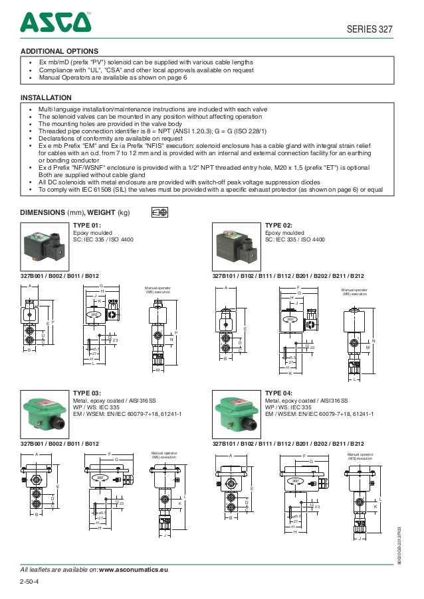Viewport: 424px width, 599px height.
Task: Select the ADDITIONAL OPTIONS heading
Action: [x=59, y=51]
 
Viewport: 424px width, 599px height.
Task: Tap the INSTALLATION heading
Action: [x=46, y=98]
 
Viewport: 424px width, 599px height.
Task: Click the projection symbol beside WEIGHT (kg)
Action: [x=159, y=212]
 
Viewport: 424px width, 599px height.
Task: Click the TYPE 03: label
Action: [x=87, y=393]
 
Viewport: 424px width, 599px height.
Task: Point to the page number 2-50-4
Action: [x=30, y=582]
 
